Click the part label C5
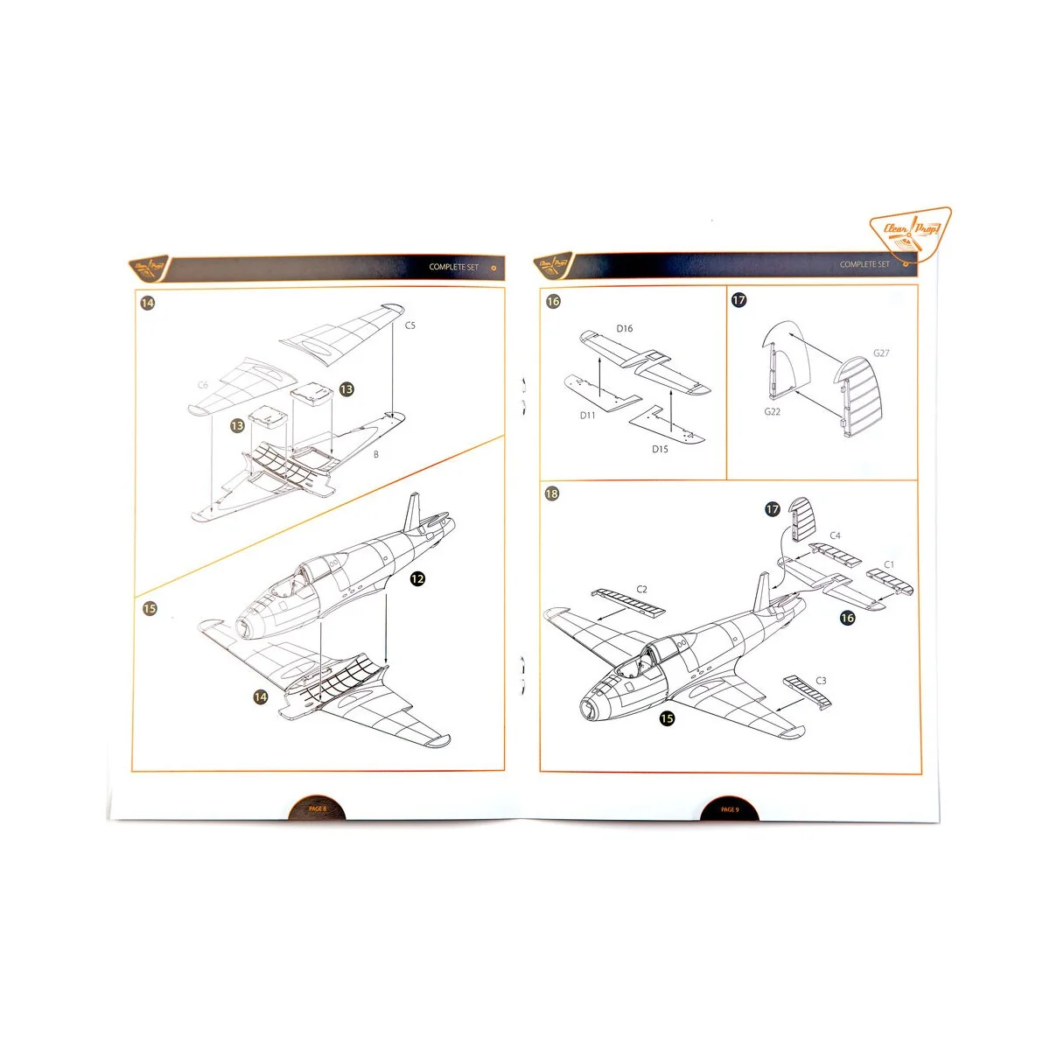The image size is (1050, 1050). click(410, 325)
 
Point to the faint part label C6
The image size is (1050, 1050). click(203, 385)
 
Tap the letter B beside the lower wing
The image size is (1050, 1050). click(376, 455)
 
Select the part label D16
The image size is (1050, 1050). click(624, 329)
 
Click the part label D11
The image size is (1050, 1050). click(587, 416)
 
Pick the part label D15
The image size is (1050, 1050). click(660, 450)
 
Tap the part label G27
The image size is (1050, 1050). click(881, 353)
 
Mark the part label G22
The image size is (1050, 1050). click(772, 412)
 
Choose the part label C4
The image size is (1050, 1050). click(835, 535)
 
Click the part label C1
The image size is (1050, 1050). click(889, 565)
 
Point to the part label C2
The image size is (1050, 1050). click(641, 590)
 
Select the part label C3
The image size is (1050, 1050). click(821, 681)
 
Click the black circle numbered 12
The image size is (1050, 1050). click(417, 579)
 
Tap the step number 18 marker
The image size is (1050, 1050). click(552, 493)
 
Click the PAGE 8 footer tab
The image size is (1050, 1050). click(317, 809)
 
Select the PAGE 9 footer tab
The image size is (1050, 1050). click(730, 809)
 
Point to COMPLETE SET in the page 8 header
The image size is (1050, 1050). click(454, 267)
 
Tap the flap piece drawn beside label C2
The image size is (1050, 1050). click(628, 602)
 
